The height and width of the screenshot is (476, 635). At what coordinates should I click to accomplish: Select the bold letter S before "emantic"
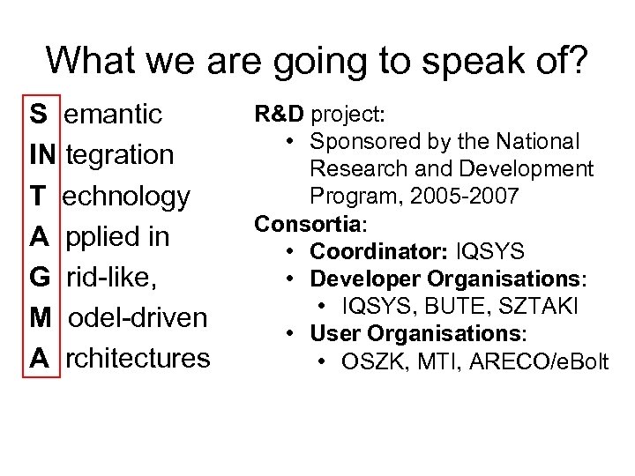[39, 115]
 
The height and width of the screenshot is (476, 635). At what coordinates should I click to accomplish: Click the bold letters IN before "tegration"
[41, 155]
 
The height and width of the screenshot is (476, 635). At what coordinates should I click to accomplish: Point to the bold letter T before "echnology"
[38, 196]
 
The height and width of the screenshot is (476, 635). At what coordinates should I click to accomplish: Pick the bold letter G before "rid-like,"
[40, 277]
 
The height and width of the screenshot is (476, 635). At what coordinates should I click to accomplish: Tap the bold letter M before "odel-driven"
[41, 317]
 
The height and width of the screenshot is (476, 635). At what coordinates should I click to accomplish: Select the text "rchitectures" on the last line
[138, 358]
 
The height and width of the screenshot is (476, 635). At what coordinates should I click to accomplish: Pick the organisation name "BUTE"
[448, 306]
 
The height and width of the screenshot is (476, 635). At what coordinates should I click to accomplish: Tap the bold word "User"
[335, 334]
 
